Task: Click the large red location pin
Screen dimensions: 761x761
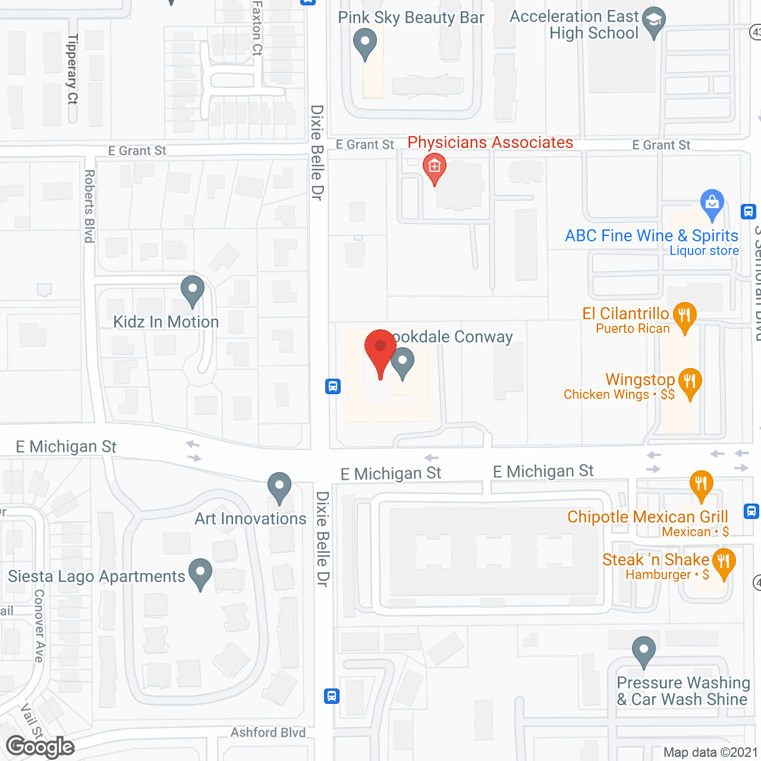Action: pyautogui.click(x=380, y=351)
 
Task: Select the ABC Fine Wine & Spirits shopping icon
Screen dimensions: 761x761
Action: pyautogui.click(x=712, y=203)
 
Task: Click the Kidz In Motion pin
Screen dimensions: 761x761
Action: pyautogui.click(x=192, y=290)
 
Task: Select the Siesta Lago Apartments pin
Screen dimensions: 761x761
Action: pyautogui.click(x=200, y=573)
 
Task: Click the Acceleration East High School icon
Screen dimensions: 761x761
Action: pyautogui.click(x=654, y=21)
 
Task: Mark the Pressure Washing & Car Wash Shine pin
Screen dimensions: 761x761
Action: pyautogui.click(x=643, y=650)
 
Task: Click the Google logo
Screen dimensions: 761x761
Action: pyautogui.click(x=40, y=747)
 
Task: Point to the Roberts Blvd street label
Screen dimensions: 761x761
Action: pyautogui.click(x=90, y=206)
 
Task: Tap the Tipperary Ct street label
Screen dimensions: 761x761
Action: pyautogui.click(x=73, y=69)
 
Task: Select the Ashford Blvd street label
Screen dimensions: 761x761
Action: pyautogui.click(x=268, y=732)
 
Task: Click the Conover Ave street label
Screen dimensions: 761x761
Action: pyautogui.click(x=39, y=625)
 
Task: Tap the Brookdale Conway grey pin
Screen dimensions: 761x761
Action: pyautogui.click(x=402, y=362)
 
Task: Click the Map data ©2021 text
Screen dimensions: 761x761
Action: pyautogui.click(x=710, y=752)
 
